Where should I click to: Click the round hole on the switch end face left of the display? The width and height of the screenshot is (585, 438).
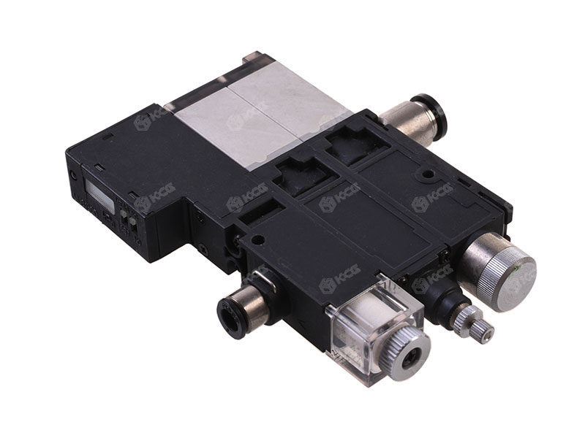click(73, 176)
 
